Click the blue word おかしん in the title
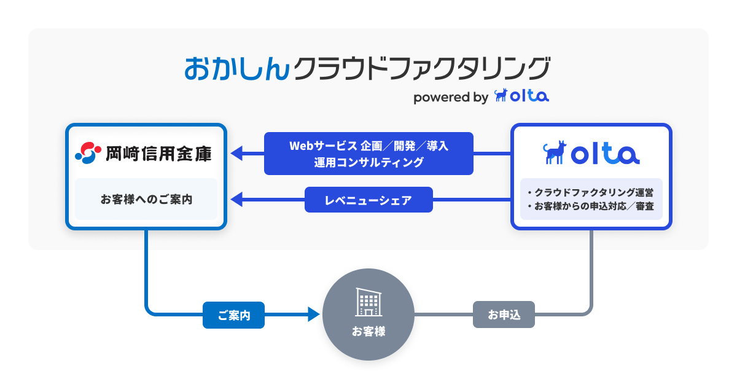tap(236, 68)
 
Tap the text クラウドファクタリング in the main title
tap(420, 68)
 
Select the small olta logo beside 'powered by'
tap(521, 96)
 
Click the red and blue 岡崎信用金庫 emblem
tap(87, 152)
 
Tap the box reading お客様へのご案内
tap(146, 199)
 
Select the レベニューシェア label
tap(368, 200)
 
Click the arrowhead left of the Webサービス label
tap(237, 154)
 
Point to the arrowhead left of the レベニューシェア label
tap(237, 200)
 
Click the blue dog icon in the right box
tap(555, 152)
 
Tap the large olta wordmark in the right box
tap(606, 154)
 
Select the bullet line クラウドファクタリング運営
tap(591, 192)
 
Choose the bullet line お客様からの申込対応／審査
tap(591, 206)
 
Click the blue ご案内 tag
tap(233, 315)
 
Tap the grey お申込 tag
tap(504, 315)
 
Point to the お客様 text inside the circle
tap(368, 332)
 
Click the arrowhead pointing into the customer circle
tap(314, 315)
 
